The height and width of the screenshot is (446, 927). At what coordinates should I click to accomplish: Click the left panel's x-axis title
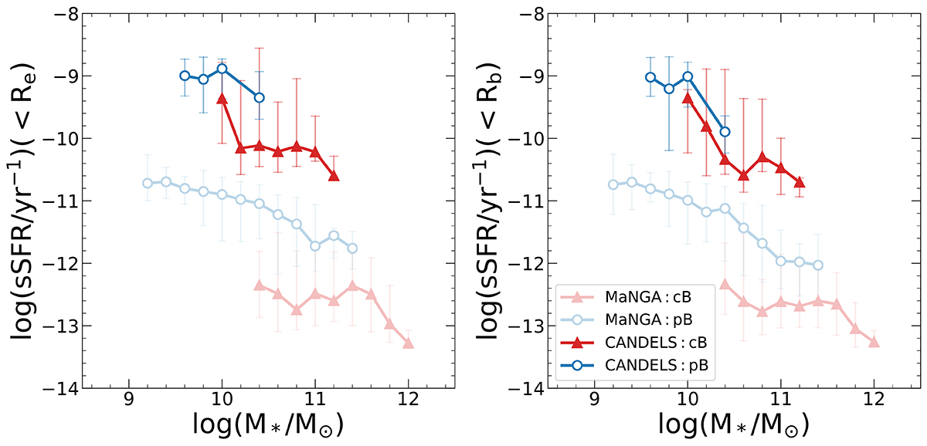[268, 424]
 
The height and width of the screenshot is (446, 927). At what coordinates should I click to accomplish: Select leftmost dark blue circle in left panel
[185, 76]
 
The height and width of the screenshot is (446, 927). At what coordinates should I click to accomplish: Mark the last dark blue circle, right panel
[725, 131]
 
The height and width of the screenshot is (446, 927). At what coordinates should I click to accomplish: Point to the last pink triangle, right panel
[874, 342]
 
